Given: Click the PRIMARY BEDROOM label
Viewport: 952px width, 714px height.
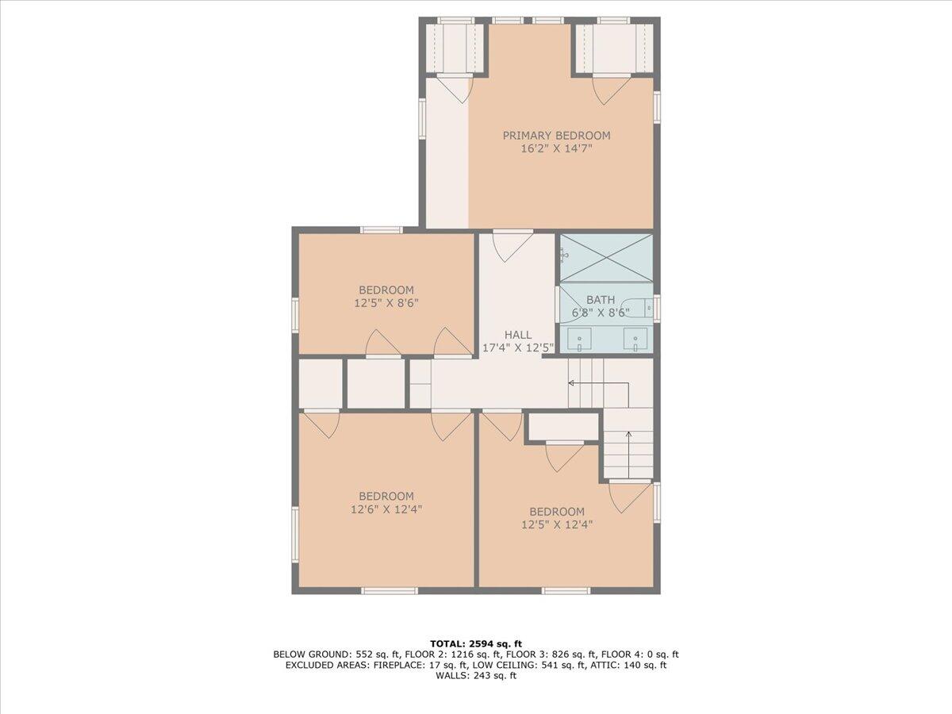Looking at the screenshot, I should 556,136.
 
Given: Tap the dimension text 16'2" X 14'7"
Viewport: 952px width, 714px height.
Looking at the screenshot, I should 556,148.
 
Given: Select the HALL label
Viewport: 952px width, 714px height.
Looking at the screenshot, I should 518,335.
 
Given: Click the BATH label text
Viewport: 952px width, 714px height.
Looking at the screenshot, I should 600,300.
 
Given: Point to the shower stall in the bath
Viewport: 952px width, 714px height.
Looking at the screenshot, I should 606,257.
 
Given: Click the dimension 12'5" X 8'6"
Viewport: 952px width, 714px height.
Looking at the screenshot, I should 386,303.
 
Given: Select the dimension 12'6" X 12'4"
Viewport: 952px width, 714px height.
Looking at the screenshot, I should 386,510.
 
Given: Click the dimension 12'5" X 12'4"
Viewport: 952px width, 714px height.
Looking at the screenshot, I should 557,524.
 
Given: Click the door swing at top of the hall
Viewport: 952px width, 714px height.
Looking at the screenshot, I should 512,244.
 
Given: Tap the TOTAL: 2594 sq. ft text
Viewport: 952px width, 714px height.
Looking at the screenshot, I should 476,643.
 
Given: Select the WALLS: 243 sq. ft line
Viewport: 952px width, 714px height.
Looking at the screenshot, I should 476,676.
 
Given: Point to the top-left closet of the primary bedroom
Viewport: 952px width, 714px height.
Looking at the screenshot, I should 455,48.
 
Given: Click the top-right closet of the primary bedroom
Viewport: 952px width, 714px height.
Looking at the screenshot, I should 614,48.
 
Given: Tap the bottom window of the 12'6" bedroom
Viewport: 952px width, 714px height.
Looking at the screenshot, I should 389,590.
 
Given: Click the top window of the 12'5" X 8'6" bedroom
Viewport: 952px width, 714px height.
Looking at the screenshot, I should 381,230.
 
